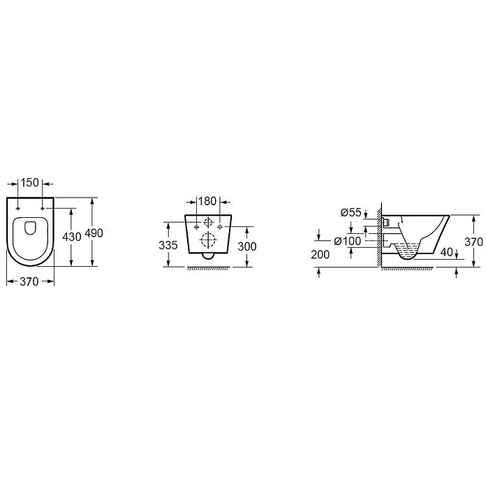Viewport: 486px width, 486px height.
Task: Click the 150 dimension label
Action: tap(30, 182)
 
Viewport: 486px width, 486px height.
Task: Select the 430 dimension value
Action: tap(72, 237)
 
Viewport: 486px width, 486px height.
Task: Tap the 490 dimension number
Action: tap(94, 233)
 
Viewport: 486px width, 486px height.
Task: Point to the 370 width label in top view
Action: tap(29, 281)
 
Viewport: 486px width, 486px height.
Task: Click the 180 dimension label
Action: tap(207, 201)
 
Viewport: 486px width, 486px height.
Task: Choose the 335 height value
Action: tap(168, 245)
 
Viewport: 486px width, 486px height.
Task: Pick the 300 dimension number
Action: tap(247, 246)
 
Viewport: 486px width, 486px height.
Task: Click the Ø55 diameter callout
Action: tap(351, 212)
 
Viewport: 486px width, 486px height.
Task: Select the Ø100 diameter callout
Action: tap(348, 241)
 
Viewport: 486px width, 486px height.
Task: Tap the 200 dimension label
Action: tap(321, 254)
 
